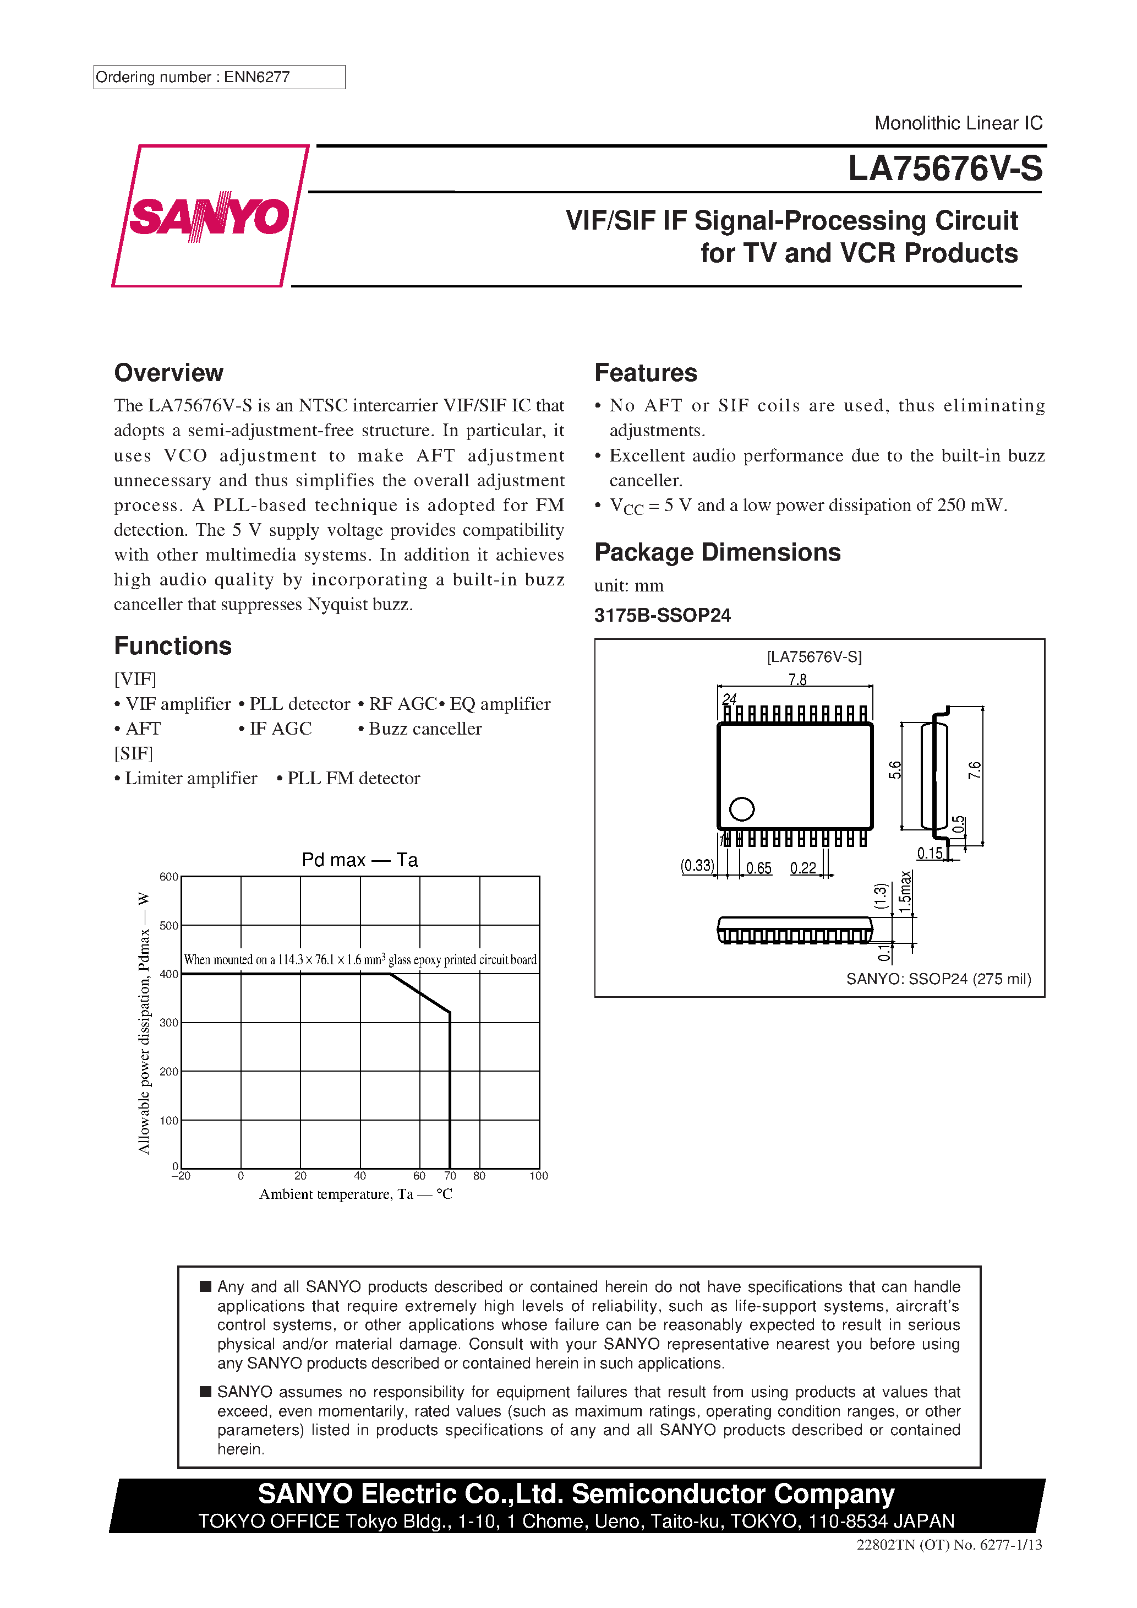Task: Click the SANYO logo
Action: pos(209,216)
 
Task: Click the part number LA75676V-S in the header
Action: pos(944,169)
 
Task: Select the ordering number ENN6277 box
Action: pos(218,77)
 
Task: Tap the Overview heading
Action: pos(169,373)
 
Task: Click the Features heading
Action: pos(646,373)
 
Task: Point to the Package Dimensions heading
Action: pos(717,552)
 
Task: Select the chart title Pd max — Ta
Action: pos(359,860)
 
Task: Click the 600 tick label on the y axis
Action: pos(169,877)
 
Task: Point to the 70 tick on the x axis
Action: pos(450,1176)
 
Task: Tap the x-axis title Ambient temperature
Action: pos(356,1194)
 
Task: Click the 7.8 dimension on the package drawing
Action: pos(797,680)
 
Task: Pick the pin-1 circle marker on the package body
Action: pos(741,809)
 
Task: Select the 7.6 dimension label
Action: pos(975,770)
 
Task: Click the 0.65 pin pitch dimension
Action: pos(758,868)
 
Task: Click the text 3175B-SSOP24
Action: pos(662,616)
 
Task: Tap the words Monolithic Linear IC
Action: pos(958,123)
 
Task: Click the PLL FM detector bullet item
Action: pos(353,778)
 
